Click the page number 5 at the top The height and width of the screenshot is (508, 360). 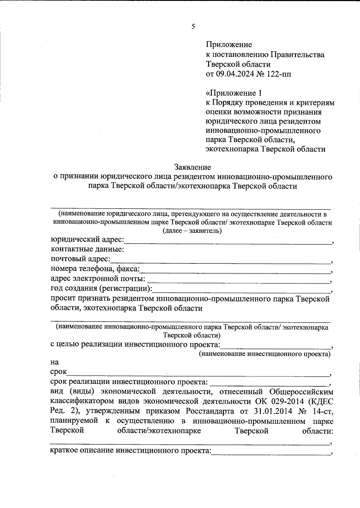(193, 27)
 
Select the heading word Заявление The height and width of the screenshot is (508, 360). (193, 167)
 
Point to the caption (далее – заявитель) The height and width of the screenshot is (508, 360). (192, 231)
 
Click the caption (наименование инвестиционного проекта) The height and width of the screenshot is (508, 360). (265, 354)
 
